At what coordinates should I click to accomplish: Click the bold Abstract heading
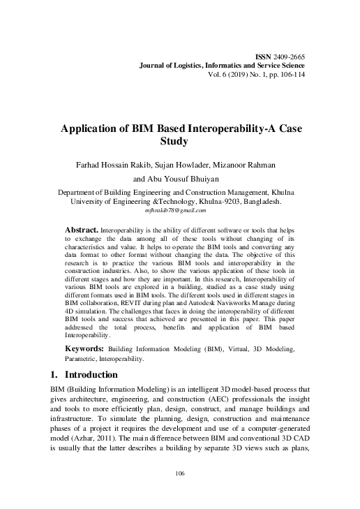tap(82, 229)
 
